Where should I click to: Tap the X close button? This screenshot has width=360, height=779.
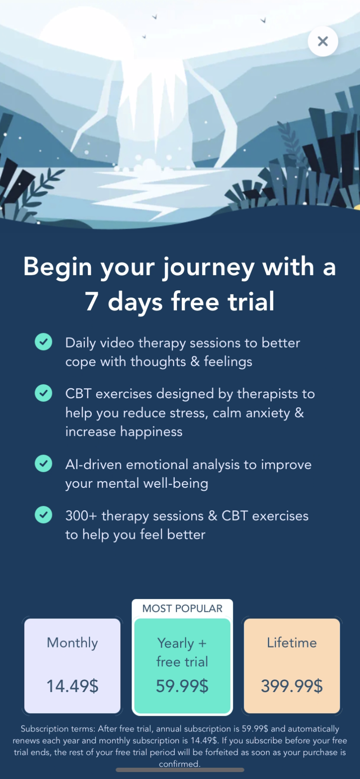pyautogui.click(x=323, y=42)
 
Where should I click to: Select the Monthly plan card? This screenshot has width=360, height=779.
pyautogui.click(x=72, y=666)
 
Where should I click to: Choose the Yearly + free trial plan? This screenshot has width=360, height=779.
pyautogui.click(x=182, y=666)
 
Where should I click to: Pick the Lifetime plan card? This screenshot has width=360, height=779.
pyautogui.click(x=292, y=666)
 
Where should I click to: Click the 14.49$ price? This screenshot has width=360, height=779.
pyautogui.click(x=72, y=686)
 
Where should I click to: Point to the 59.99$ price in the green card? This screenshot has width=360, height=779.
pyautogui.click(x=182, y=686)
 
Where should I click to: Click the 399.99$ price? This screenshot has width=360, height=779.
pyautogui.click(x=292, y=686)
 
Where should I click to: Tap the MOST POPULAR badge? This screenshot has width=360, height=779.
pyautogui.click(x=182, y=608)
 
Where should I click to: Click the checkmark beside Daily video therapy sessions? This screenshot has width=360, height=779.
pyautogui.click(x=43, y=342)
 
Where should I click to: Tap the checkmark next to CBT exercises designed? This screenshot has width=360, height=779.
pyautogui.click(x=43, y=393)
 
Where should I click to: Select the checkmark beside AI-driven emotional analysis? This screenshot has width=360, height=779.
pyautogui.click(x=43, y=464)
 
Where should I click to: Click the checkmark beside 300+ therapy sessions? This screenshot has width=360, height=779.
pyautogui.click(x=43, y=515)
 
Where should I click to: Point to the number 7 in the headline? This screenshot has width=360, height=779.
pyautogui.click(x=92, y=302)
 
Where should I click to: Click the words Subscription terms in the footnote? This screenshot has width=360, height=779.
pyautogui.click(x=58, y=729)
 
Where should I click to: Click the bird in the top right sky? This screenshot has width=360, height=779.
pyautogui.click(x=263, y=20)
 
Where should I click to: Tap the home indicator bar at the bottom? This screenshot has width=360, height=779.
pyautogui.click(x=180, y=770)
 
